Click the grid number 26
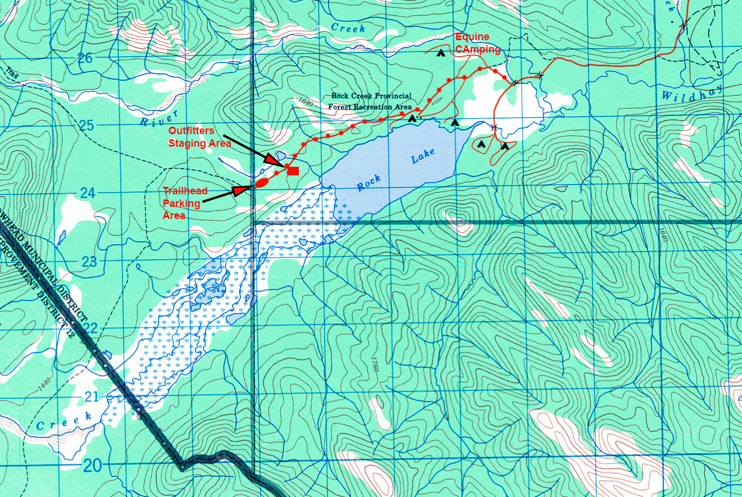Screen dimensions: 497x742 coord(85,58)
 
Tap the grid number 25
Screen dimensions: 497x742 coord(85,125)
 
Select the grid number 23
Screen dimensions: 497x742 coord(89,261)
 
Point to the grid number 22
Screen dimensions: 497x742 coord(89,328)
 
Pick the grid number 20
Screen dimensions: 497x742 coord(92,464)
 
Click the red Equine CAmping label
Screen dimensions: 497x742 coord(477,43)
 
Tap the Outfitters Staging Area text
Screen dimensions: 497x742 coord(200,137)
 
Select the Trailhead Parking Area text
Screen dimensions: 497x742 coord(185,203)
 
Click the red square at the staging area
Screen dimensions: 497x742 coord(293,170)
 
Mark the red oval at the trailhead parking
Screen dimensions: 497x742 coord(261,183)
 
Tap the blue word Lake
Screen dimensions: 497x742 coord(423,156)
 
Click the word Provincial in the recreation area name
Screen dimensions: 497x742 coord(390,96)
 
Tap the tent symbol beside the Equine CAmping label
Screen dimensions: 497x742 coord(440,53)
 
